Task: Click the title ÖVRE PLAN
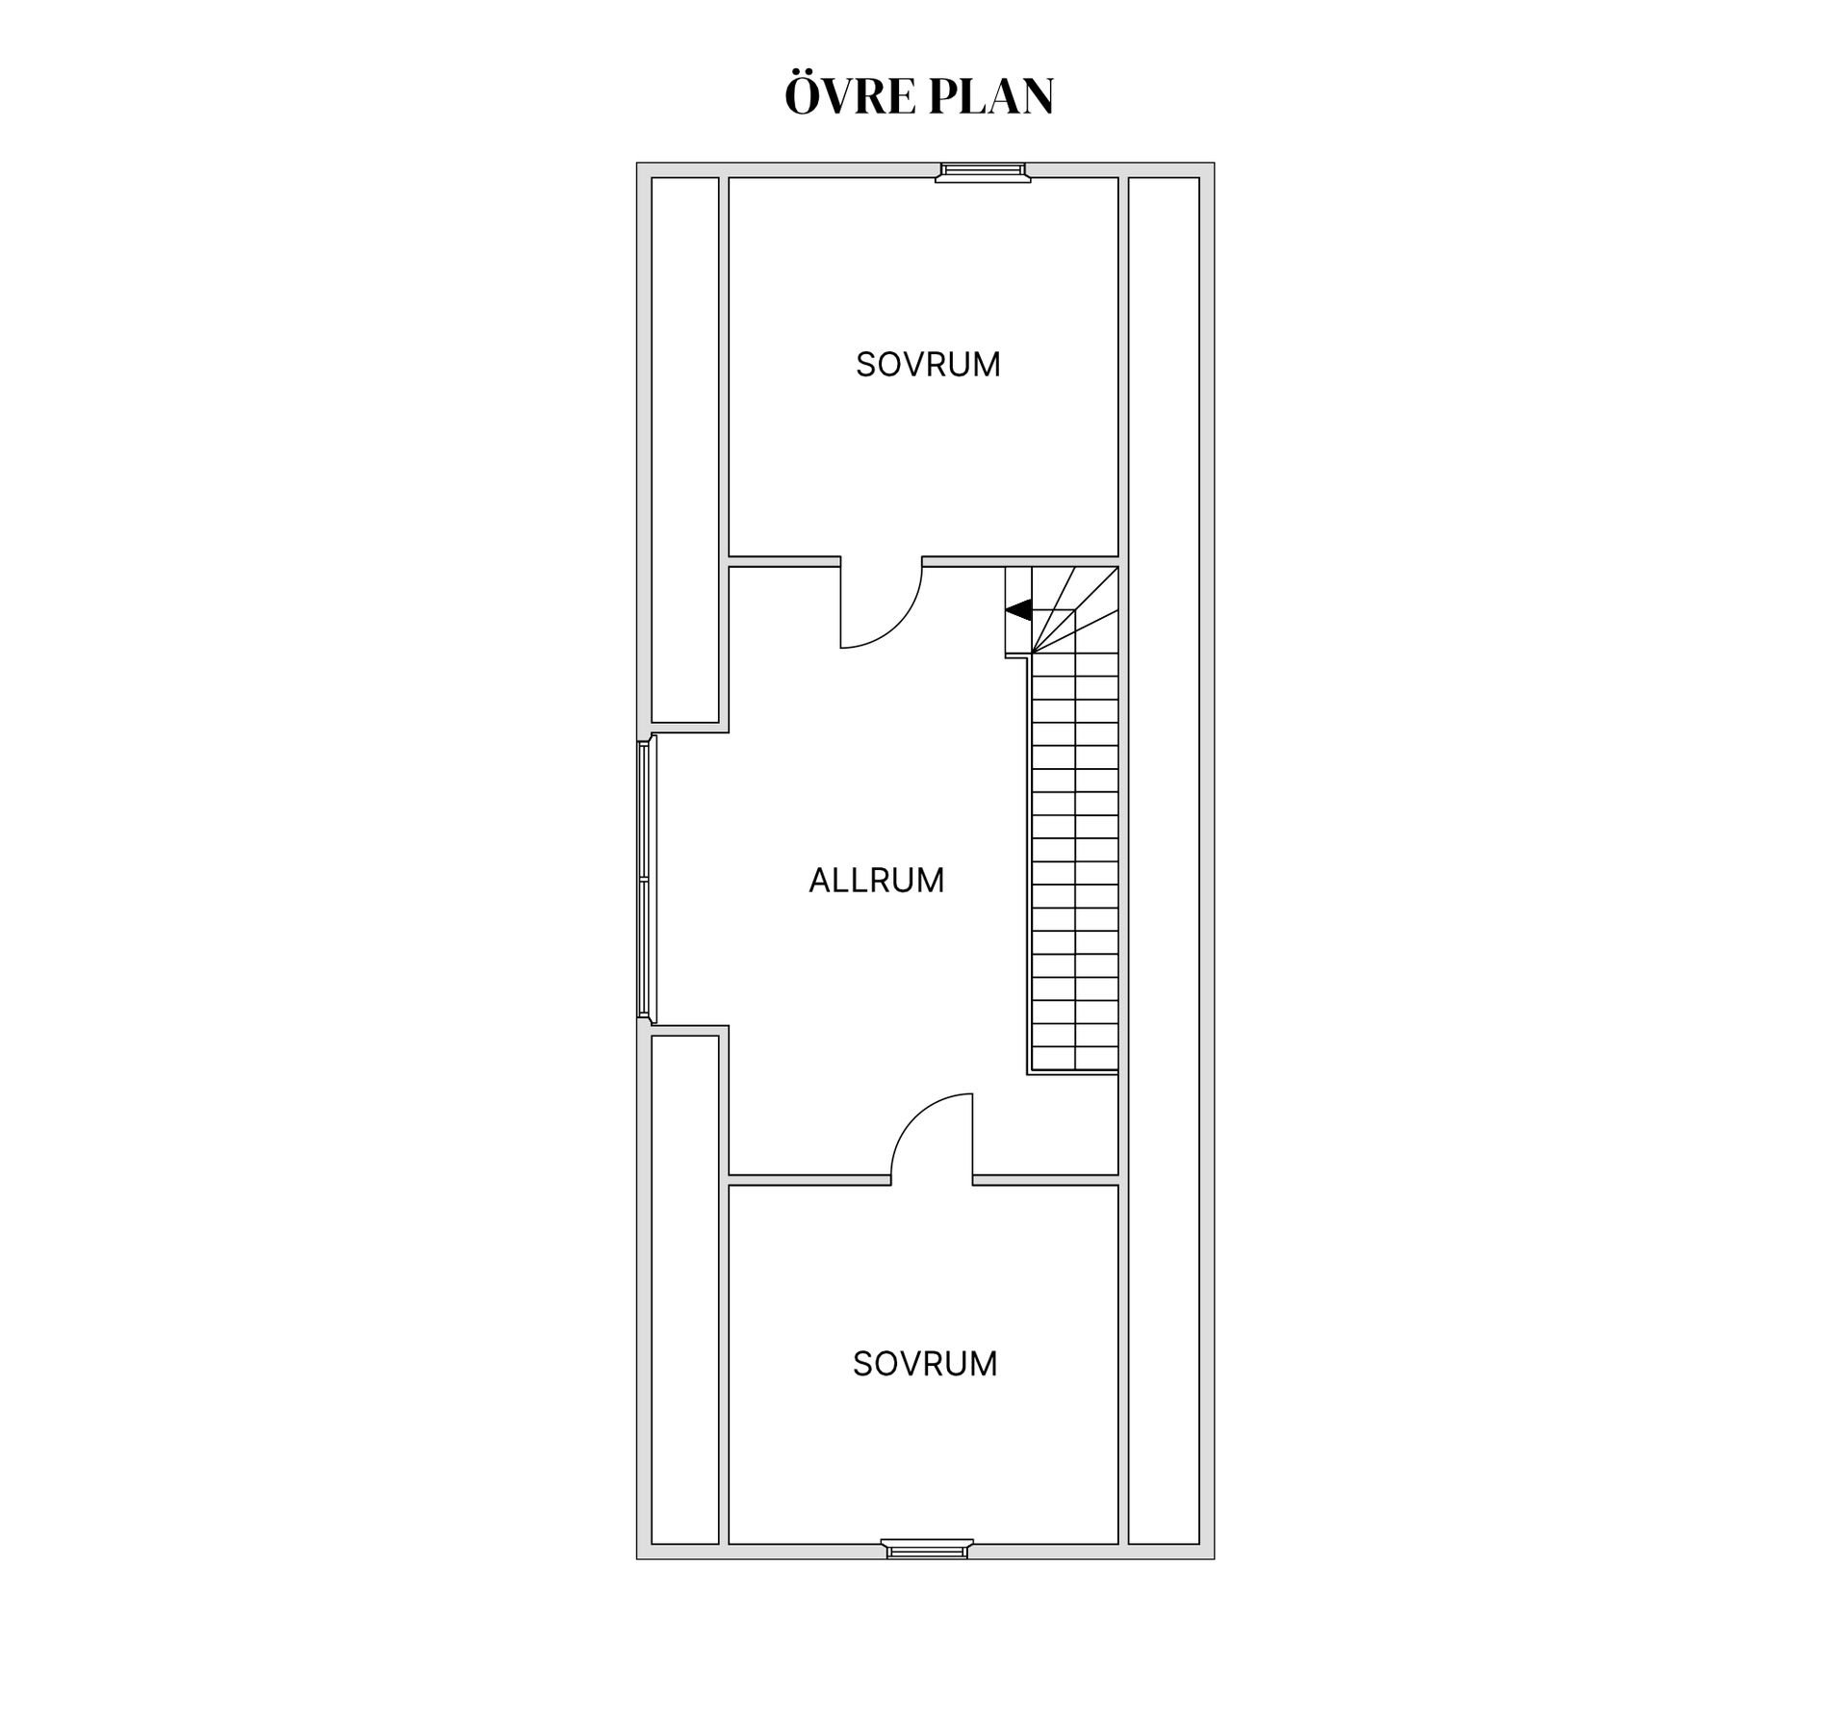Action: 919,94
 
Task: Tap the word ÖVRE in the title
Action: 849,94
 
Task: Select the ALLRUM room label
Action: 876,880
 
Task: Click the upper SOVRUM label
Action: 928,364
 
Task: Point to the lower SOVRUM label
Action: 925,1363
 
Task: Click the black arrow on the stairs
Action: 1018,609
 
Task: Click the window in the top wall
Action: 983,172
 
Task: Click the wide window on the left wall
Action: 647,878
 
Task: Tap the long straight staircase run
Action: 1074,862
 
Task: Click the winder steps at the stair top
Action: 1063,609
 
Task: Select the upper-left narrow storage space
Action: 685,449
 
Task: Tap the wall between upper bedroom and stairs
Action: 1020,561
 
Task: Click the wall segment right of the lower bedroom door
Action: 1045,1180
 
